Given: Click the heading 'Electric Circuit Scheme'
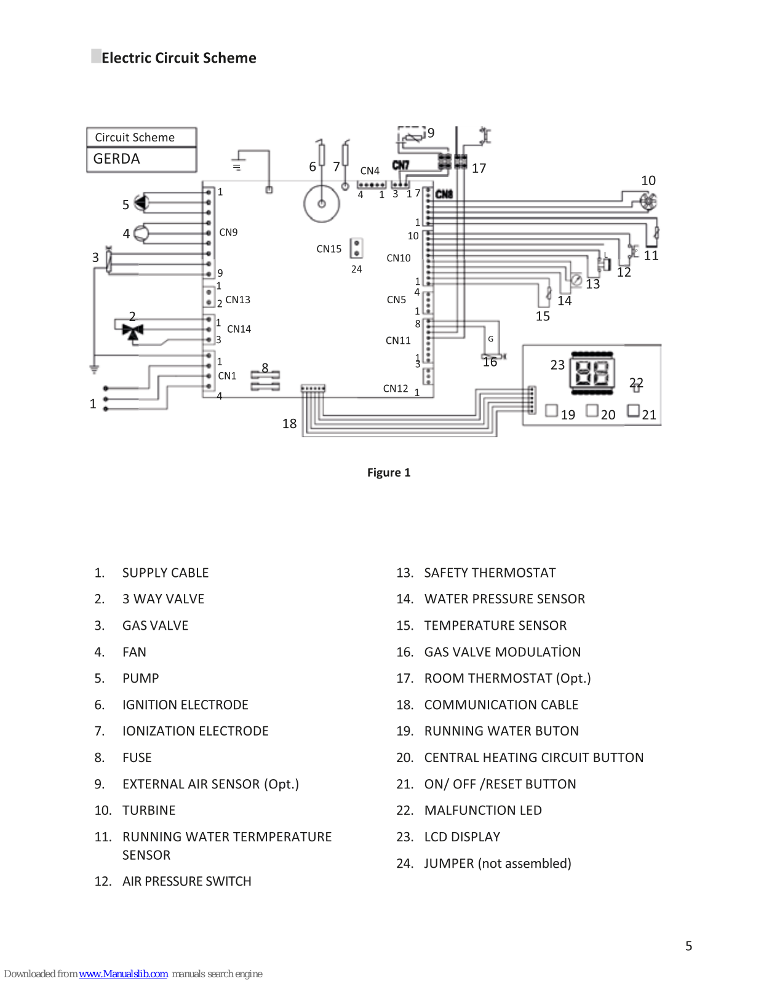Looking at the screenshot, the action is tap(178, 58).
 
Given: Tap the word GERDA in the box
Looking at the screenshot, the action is tap(116, 159).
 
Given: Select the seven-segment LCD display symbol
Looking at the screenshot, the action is tap(592, 373).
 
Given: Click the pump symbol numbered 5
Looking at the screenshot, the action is tap(142, 202).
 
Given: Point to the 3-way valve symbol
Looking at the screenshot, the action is tap(133, 331).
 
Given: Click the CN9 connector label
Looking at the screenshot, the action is tap(228, 232).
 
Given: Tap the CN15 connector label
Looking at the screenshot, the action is tap(329, 249).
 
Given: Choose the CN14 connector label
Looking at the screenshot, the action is tap(239, 329).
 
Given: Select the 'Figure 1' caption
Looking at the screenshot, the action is tap(389, 472).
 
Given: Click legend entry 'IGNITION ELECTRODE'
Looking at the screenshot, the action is tap(185, 705).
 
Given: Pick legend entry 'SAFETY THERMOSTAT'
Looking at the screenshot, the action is tap(490, 573).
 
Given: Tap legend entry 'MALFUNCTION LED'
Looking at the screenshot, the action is tap(483, 810).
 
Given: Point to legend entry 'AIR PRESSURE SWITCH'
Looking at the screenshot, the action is tap(186, 881).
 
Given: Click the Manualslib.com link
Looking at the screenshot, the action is tap(123, 974).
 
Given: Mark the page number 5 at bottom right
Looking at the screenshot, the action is tap(688, 946).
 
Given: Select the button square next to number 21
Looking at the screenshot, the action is tap(633, 411).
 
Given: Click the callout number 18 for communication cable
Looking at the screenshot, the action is tap(290, 424).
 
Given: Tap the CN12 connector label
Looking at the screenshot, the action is tap(396, 389).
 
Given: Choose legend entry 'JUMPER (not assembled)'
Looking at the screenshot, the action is tap(497, 863).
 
